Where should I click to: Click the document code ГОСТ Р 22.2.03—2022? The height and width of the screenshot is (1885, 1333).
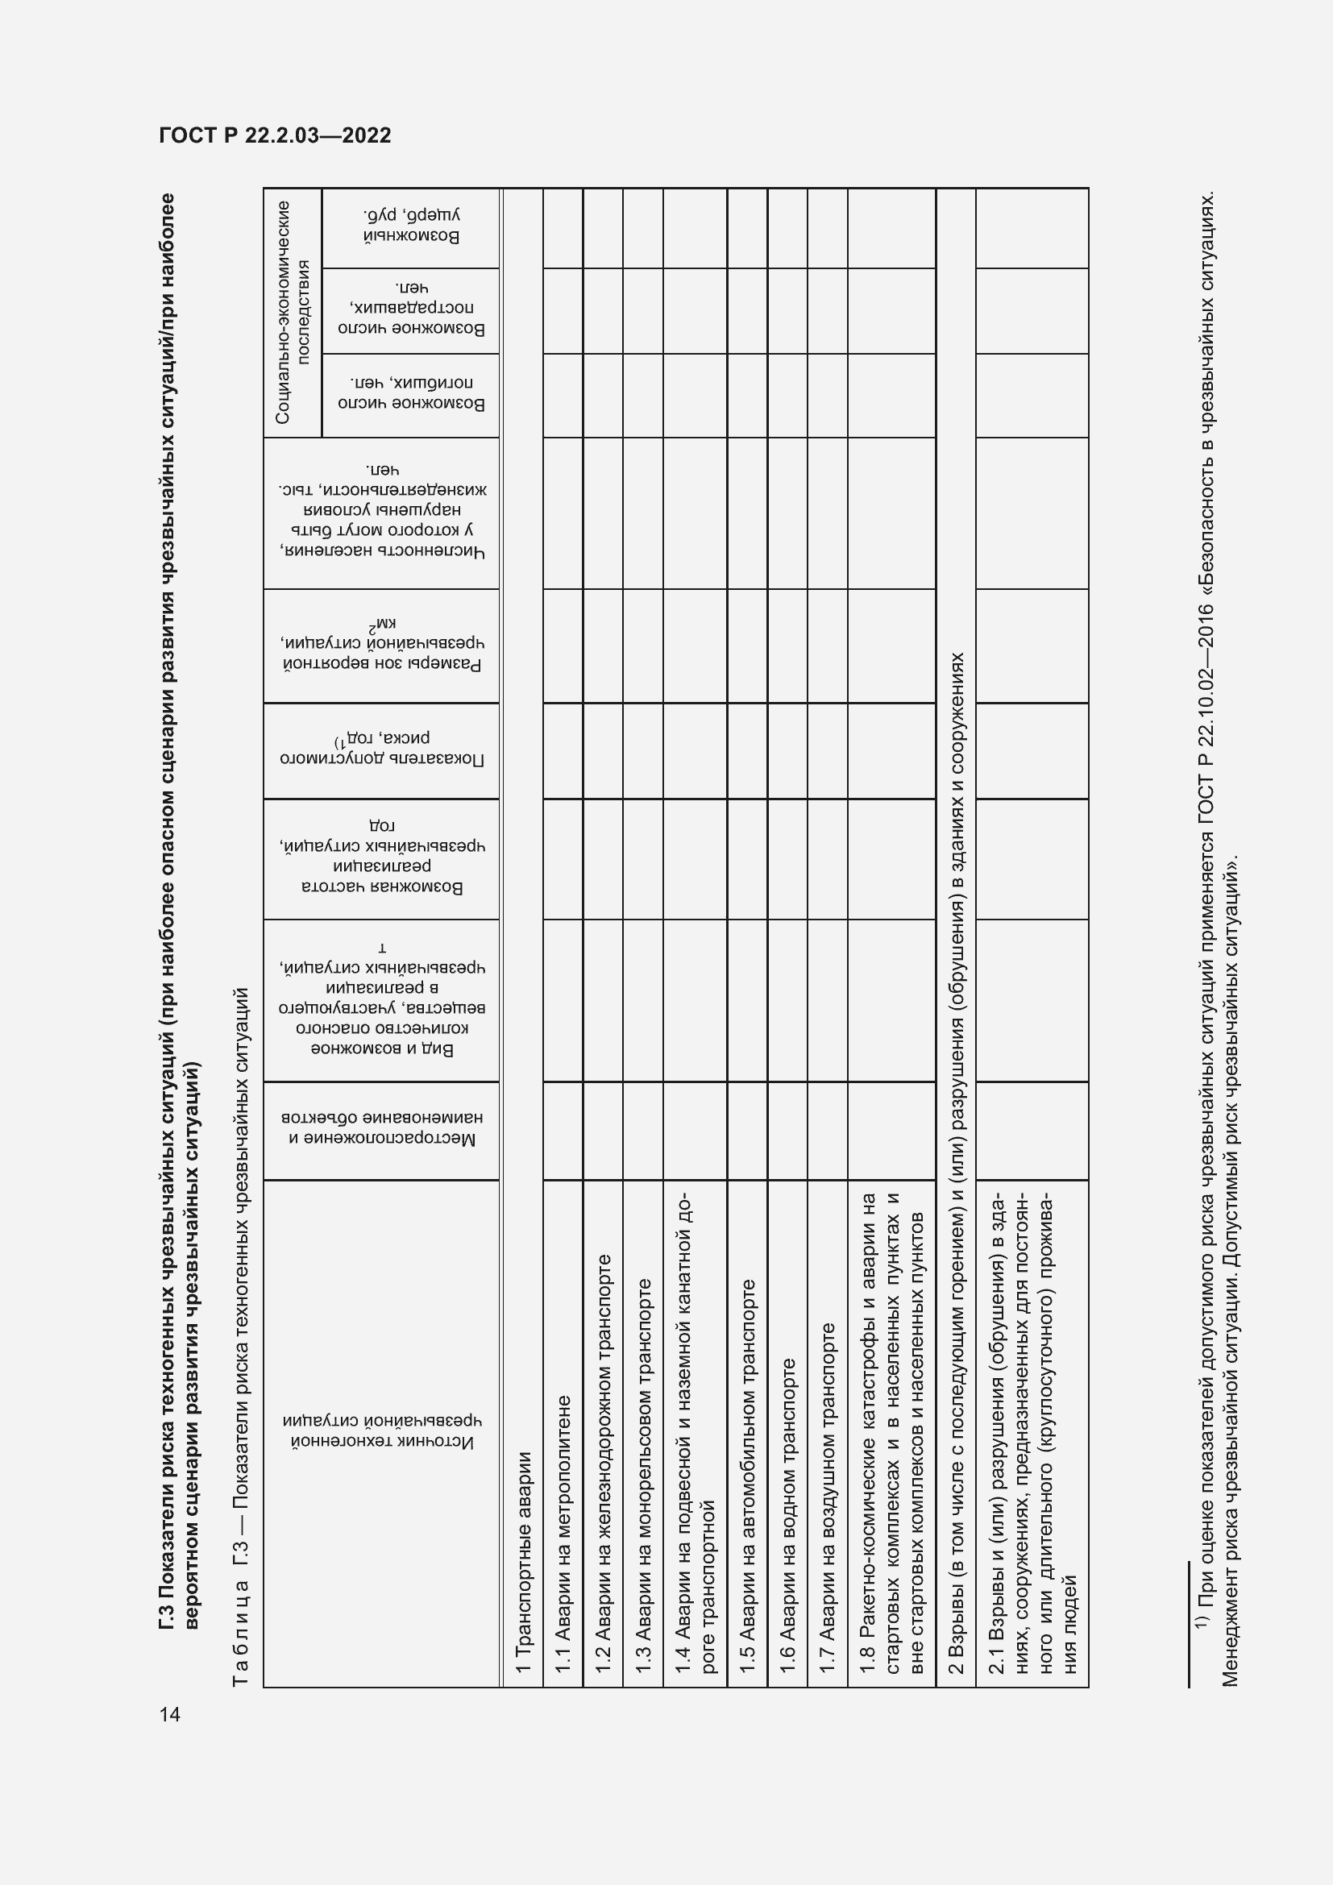[275, 135]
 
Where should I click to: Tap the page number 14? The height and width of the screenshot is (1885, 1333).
[170, 1715]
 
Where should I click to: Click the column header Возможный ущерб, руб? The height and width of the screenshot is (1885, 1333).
[411, 227]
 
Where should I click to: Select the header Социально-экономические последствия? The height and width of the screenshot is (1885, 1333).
[293, 312]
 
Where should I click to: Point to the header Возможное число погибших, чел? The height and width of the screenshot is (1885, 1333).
[411, 394]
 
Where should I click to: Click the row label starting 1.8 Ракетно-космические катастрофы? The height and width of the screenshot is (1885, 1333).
[892, 1433]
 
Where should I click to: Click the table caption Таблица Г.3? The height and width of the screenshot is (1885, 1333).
[241, 1338]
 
